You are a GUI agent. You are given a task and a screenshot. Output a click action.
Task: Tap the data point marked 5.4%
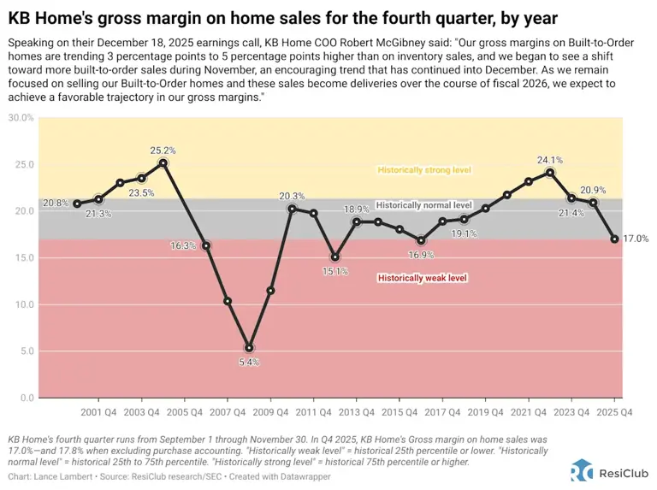coord(249,347)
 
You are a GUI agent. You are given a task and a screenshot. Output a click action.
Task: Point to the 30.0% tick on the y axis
coord(21,118)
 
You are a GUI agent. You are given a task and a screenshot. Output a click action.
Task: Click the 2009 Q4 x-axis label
coord(270,411)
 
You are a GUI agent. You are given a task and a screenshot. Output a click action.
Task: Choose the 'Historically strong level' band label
coord(424,170)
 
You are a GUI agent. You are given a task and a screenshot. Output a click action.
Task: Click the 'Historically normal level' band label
coord(424,205)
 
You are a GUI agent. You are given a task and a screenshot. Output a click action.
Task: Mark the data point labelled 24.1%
coord(550,172)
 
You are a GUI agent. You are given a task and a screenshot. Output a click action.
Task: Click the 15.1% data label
coord(334,272)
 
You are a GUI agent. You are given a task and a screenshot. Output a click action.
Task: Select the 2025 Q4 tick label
coord(614,411)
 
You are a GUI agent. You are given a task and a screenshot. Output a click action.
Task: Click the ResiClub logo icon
coord(582,470)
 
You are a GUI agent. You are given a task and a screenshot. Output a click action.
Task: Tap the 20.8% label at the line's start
coord(56,203)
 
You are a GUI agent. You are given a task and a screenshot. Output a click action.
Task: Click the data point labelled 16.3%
coord(206,245)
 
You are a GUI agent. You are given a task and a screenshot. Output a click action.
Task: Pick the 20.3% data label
coord(292,195)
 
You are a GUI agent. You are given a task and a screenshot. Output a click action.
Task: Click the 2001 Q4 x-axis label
coord(98,411)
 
